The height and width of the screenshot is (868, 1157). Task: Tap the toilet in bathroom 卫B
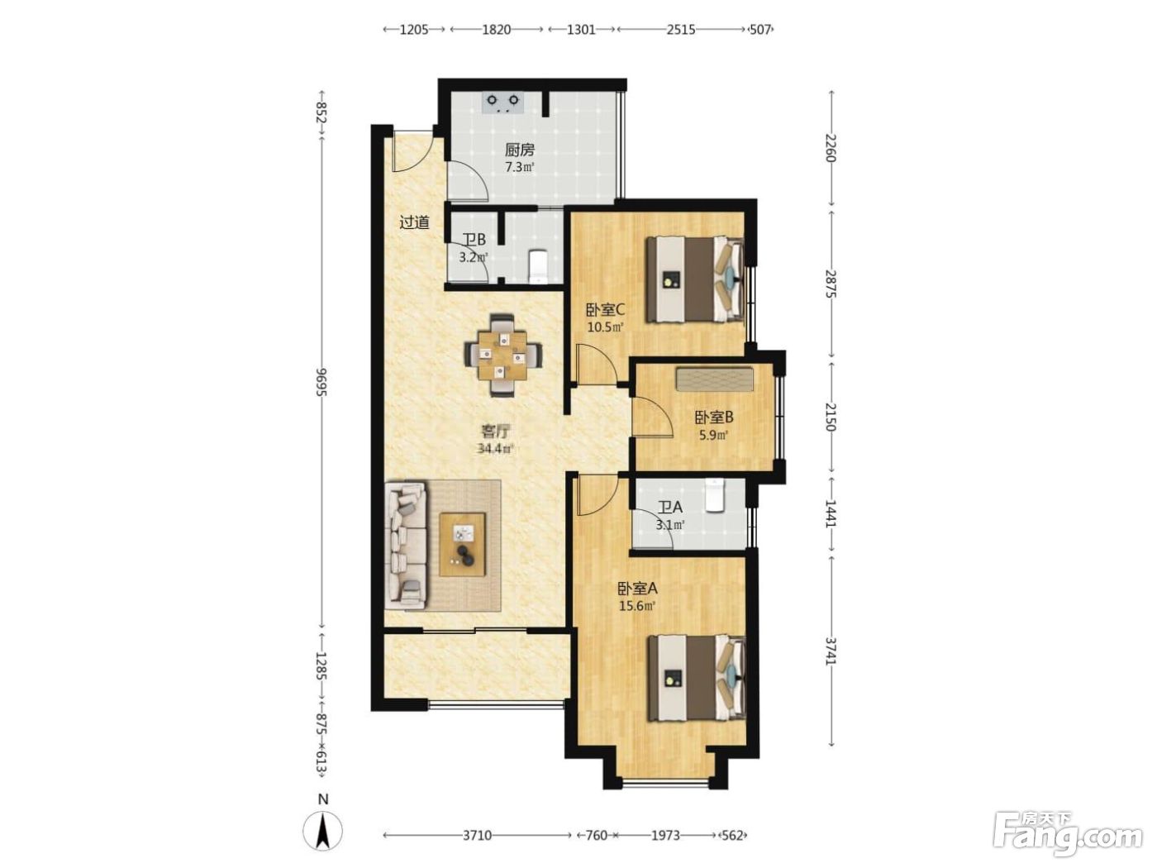538,266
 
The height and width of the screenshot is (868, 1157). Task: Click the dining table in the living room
502,355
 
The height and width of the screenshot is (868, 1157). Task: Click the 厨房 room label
519,150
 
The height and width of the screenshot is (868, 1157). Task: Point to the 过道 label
414,222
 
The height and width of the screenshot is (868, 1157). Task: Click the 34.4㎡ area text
495,449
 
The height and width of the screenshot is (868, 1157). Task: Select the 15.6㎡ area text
636,606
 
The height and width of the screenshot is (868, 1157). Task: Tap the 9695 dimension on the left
321,382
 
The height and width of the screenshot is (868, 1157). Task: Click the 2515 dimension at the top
680,30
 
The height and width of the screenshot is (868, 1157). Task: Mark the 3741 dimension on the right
831,651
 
